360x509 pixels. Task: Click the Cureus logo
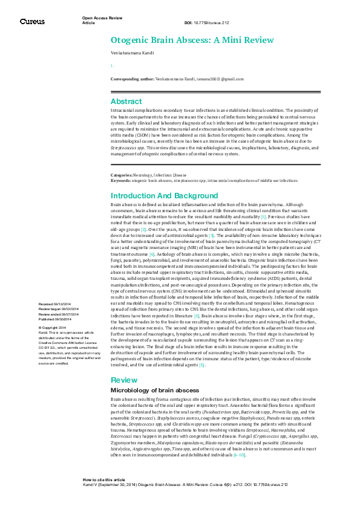coord(31,21)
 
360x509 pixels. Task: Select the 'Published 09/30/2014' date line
coord(55,318)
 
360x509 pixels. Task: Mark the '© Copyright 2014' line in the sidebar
coord(53,326)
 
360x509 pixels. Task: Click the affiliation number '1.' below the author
coord(111,65)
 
